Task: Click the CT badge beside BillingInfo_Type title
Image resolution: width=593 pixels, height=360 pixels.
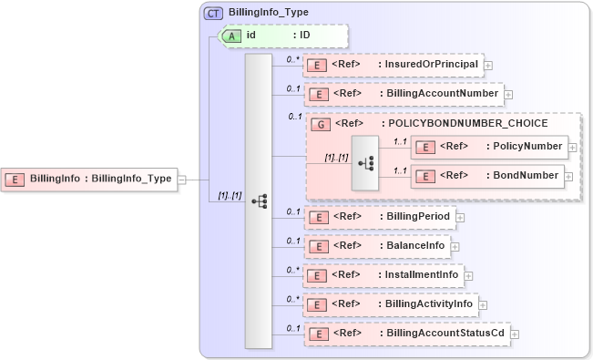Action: click(x=213, y=13)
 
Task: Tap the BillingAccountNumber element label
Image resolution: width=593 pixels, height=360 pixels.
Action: click(x=438, y=94)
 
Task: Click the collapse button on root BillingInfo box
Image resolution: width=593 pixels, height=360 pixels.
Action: click(x=181, y=179)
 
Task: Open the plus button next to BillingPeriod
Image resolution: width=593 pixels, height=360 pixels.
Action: click(x=460, y=218)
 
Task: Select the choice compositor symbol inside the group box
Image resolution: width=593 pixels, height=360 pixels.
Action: click(x=365, y=163)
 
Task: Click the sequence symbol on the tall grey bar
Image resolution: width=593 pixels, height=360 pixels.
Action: click(x=259, y=201)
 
